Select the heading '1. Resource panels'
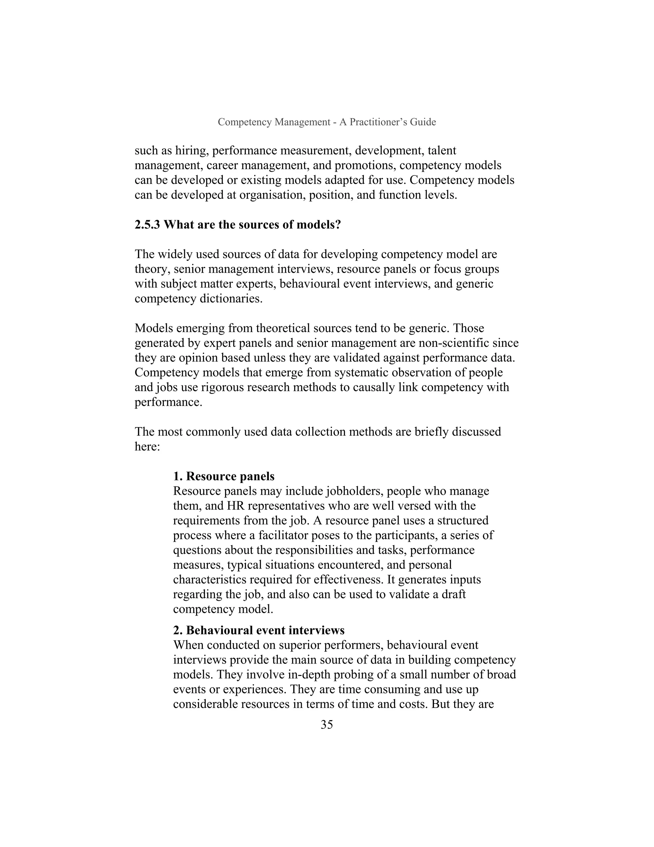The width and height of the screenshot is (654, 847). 224,476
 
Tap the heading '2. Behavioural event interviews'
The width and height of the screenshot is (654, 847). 258,630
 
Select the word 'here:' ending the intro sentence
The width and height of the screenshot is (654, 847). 147,447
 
